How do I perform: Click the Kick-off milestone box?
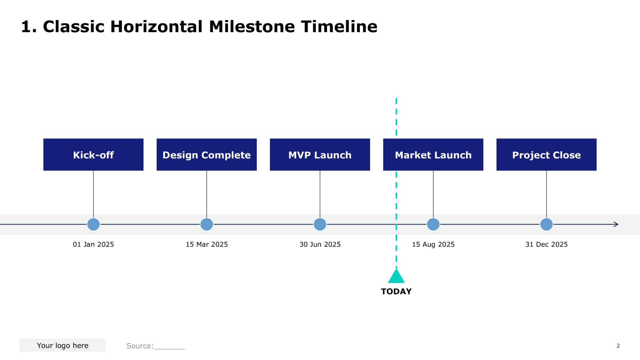coord(93,155)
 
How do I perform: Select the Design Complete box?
coord(207,155)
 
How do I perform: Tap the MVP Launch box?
coord(320,155)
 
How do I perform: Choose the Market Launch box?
coord(433,155)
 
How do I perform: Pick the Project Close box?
coord(546,155)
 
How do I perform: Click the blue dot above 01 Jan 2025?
coord(93,224)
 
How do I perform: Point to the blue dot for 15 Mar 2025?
coord(207,224)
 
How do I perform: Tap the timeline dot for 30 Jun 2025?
coord(320,224)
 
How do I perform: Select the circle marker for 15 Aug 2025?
coord(433,224)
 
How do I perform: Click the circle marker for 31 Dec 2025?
coord(547,224)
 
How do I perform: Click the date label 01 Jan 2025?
coord(93,244)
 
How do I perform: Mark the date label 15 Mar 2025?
coord(207,244)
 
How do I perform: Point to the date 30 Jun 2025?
coord(320,244)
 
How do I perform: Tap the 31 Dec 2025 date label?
coord(546,244)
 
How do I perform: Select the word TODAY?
coord(396,292)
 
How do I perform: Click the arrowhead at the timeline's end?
coord(616,224)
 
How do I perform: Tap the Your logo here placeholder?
coord(62,345)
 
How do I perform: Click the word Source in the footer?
coord(139,346)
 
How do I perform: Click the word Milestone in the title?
coord(252,27)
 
